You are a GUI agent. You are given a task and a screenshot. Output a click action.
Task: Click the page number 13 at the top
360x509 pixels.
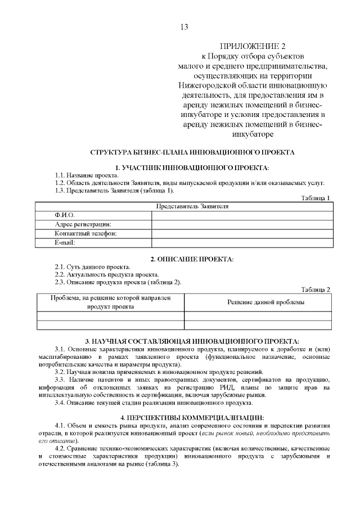(184, 27)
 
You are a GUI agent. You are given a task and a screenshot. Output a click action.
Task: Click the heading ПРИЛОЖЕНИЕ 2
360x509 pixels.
(252, 46)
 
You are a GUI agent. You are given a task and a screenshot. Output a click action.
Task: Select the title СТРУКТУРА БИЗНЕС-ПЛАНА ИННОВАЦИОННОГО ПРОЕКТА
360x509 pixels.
(192, 152)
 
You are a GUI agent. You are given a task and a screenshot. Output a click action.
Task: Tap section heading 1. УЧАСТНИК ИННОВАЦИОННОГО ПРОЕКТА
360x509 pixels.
(192, 168)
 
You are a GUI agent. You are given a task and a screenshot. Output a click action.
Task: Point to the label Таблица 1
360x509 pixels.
(316, 198)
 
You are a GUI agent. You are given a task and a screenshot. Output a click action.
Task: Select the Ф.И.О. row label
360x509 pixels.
(64, 215)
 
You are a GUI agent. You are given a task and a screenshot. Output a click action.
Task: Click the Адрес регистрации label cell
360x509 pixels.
(83, 224)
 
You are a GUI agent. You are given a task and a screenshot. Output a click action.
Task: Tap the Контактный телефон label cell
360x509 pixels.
(85, 233)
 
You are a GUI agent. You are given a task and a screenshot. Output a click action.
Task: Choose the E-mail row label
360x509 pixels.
(65, 242)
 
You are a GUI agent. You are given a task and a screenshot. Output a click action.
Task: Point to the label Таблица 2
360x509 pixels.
(316, 289)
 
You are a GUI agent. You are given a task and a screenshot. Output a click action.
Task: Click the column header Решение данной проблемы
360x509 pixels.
(266, 303)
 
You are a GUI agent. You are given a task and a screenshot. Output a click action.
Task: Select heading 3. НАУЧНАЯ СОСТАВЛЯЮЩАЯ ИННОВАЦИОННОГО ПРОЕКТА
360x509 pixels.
(192, 341)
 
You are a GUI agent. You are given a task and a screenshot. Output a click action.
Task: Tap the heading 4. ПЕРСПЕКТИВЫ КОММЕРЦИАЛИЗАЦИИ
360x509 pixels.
(192, 417)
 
